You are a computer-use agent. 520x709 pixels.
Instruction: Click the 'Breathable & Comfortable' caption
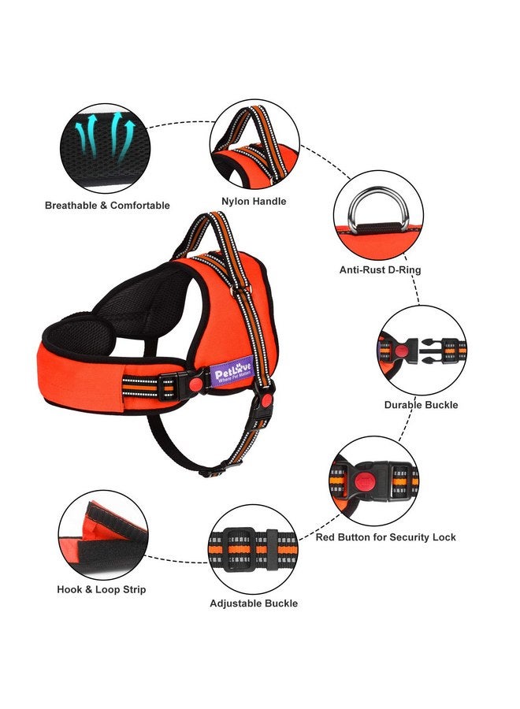(x=107, y=206)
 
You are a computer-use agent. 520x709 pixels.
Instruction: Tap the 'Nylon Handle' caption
(x=254, y=201)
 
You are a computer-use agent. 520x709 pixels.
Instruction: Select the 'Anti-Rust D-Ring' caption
(x=381, y=270)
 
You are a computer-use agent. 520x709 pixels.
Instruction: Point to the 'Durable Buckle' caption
(x=421, y=405)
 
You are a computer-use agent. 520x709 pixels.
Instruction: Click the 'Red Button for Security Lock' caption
(x=386, y=537)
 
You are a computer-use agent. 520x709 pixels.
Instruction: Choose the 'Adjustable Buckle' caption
(x=254, y=603)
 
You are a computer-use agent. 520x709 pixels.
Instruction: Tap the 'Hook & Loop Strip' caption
(x=102, y=589)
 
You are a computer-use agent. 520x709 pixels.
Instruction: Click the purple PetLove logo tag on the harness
(x=232, y=372)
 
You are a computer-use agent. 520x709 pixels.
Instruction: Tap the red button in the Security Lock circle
(x=362, y=482)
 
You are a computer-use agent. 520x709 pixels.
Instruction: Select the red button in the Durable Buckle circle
(x=400, y=351)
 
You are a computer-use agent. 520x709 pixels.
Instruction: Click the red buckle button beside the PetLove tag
(x=196, y=384)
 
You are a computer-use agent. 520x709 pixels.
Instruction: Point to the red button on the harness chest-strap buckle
(x=267, y=399)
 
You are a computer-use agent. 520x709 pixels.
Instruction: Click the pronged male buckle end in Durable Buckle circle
(x=430, y=351)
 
